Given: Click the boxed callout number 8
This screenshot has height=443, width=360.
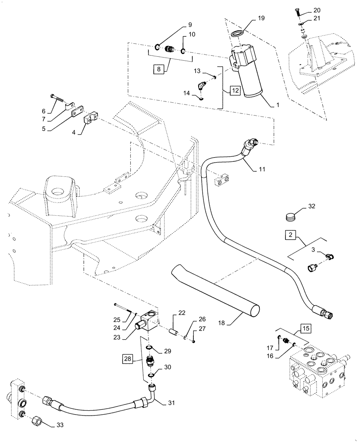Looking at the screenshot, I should pos(158,69).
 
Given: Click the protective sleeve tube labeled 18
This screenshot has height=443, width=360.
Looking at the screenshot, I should pos(213,288).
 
